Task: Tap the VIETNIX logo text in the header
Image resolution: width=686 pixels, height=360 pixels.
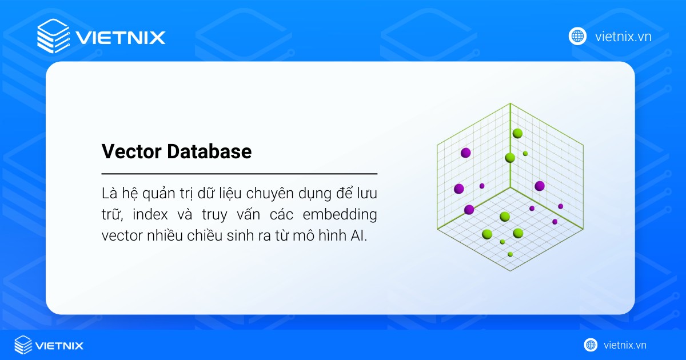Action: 120,38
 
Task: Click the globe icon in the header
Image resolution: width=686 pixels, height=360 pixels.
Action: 577,36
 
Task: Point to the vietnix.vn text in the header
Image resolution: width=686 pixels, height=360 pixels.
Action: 623,37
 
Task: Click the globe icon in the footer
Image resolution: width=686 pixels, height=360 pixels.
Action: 591,345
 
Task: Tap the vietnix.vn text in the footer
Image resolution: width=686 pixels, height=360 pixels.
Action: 625,345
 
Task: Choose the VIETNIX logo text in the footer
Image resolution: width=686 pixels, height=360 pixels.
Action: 59,345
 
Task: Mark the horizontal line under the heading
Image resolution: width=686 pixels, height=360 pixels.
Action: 239,173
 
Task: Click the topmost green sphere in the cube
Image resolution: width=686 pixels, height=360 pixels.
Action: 517,133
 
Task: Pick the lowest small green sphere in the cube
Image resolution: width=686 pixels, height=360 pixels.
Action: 510,254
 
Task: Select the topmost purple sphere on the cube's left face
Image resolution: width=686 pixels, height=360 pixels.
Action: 465,152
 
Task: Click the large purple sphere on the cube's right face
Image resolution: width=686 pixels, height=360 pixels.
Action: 539,186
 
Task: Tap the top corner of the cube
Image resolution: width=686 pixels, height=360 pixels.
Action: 510,103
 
